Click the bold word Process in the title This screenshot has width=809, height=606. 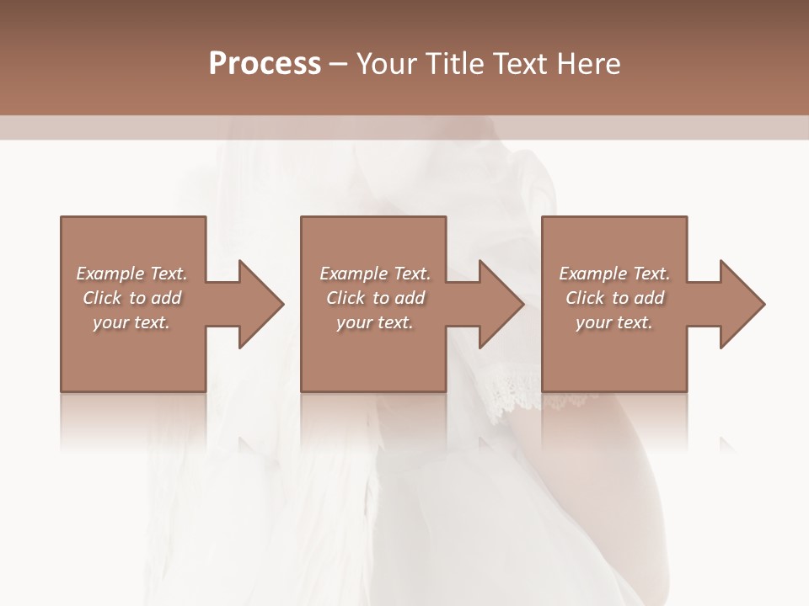265,64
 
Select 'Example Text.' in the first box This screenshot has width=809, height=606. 132,274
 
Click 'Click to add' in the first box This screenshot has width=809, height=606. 132,298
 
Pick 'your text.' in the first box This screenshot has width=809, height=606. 132,322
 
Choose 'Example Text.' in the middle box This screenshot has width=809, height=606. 375,274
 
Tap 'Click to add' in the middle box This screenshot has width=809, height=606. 375,298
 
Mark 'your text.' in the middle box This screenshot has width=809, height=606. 375,322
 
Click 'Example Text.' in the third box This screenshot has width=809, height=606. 614,274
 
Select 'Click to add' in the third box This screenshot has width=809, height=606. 614,298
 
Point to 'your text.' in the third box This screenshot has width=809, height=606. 614,322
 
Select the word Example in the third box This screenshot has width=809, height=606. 593,274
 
